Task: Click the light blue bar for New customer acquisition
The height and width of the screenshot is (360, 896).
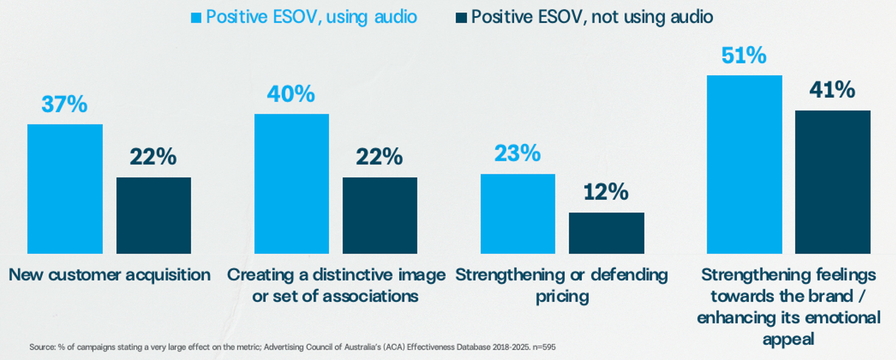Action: pyautogui.click(x=65, y=189)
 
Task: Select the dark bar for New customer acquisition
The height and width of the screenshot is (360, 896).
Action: pyautogui.click(x=154, y=215)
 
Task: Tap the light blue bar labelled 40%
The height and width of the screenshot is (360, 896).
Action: pyautogui.click(x=291, y=184)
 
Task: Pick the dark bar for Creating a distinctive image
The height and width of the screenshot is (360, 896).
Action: pyautogui.click(x=380, y=215)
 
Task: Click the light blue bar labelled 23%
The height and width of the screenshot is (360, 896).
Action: pyautogui.click(x=517, y=213)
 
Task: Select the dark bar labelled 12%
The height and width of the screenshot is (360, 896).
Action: pyautogui.click(x=606, y=233)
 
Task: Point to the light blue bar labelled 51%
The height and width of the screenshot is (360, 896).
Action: pyautogui.click(x=744, y=164)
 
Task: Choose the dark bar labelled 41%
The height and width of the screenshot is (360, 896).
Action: pyautogui.click(x=833, y=182)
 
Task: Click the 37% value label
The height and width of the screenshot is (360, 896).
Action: pyautogui.click(x=64, y=105)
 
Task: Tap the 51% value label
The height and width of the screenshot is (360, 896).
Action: pyautogui.click(x=744, y=56)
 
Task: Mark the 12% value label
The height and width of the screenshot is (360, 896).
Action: pyautogui.click(x=606, y=192)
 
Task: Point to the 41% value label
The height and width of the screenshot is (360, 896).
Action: pyautogui.click(x=832, y=91)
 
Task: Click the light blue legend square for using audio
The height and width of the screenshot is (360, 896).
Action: pyautogui.click(x=196, y=18)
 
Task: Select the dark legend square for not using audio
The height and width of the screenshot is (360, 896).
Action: pyautogui.click(x=461, y=18)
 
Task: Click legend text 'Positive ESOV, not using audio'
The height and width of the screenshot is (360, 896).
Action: pyautogui.click(x=592, y=17)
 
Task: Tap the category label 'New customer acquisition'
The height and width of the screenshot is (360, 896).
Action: pyautogui.click(x=109, y=275)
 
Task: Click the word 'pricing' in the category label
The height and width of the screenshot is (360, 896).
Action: pyautogui.click(x=562, y=297)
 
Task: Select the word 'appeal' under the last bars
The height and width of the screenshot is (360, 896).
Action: pyautogui.click(x=788, y=339)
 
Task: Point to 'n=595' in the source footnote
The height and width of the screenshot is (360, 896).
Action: pyautogui.click(x=543, y=347)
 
